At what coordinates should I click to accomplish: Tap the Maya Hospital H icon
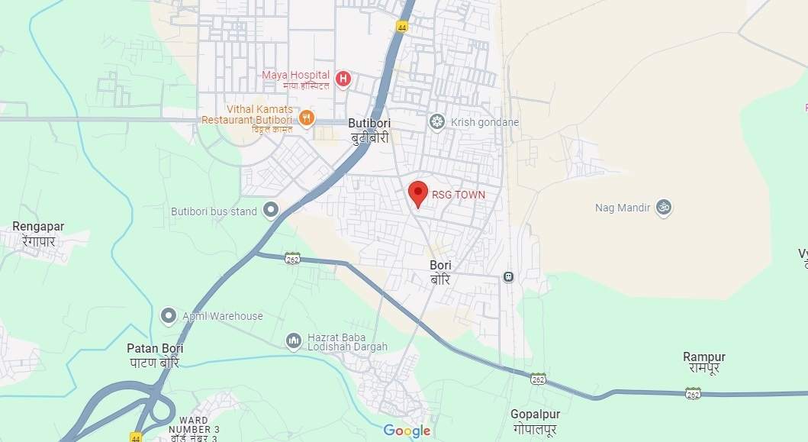[343, 78]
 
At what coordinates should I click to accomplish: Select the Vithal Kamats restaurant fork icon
[307, 118]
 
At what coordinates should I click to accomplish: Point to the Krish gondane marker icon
[437, 121]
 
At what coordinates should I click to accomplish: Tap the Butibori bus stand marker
[270, 209]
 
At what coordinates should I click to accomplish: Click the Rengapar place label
[38, 233]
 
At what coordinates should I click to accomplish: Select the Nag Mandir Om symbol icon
[664, 207]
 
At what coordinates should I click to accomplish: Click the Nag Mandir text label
[623, 208]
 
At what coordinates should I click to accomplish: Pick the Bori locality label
[440, 272]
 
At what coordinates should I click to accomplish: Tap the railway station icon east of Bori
[508, 276]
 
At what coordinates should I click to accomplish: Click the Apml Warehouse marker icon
[169, 315]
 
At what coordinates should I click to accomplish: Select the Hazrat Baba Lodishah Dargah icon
[294, 341]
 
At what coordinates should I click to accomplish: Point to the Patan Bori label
[155, 355]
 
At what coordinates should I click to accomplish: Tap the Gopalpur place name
[535, 421]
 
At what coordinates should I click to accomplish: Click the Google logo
[407, 431]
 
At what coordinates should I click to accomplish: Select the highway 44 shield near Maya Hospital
[402, 27]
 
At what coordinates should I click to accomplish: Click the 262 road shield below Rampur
[693, 393]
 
